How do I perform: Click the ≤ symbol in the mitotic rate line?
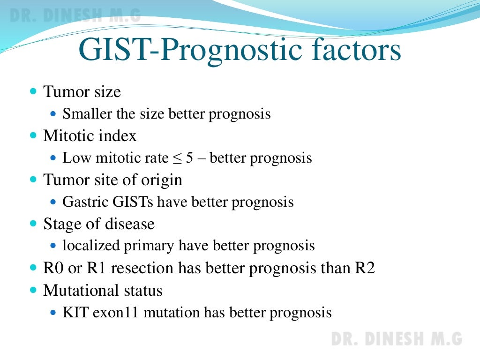click(x=176, y=158)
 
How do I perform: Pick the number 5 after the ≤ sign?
click(x=189, y=158)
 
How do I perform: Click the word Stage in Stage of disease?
click(x=58, y=224)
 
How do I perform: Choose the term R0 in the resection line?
click(x=52, y=268)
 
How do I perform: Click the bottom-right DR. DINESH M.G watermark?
click(x=397, y=338)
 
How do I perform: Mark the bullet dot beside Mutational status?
click(x=33, y=291)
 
